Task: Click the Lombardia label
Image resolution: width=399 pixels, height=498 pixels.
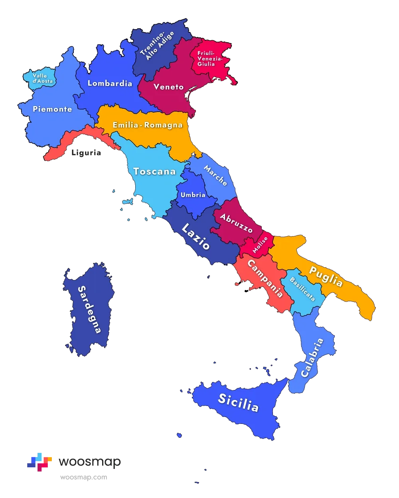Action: pyautogui.click(x=110, y=83)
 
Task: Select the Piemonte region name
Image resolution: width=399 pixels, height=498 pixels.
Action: pyautogui.click(x=52, y=109)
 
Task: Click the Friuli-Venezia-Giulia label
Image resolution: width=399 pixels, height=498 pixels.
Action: pyautogui.click(x=207, y=59)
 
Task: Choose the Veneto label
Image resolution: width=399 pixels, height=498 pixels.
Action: pyautogui.click(x=169, y=87)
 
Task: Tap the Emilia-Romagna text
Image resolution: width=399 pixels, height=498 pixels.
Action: pyautogui.click(x=147, y=125)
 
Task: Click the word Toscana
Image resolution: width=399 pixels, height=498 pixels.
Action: pyautogui.click(x=154, y=171)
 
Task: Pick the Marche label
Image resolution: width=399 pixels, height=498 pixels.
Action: pyautogui.click(x=215, y=175)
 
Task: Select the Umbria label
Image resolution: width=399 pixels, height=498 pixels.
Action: pyautogui.click(x=193, y=195)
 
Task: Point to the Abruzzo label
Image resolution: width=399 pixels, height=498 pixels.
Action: pyautogui.click(x=236, y=223)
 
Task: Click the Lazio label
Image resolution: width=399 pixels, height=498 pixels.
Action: pyautogui.click(x=196, y=236)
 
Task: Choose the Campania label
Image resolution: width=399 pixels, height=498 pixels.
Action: pyautogui.click(x=265, y=279)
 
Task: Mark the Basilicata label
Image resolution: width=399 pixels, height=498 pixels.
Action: pyautogui.click(x=302, y=289)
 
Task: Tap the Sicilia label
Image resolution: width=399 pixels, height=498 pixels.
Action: pyautogui.click(x=238, y=402)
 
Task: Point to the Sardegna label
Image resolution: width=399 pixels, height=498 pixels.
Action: pyautogui.click(x=89, y=309)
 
